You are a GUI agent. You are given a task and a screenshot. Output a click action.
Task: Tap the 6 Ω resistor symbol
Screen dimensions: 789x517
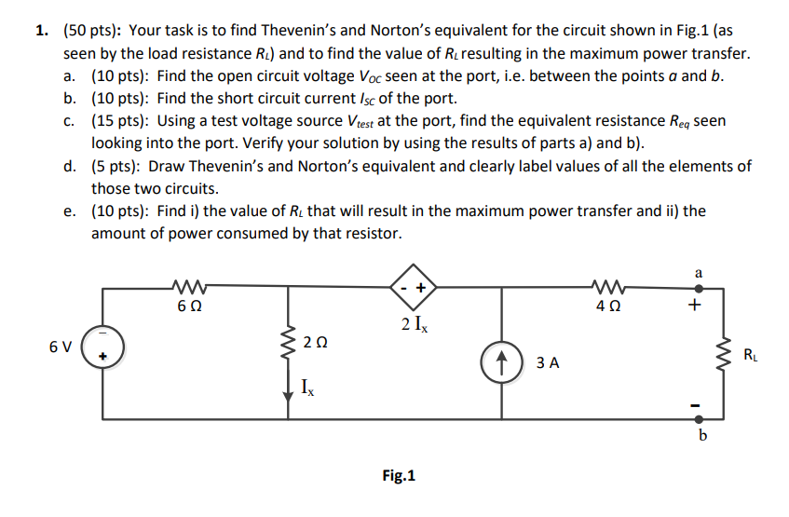pos(190,286)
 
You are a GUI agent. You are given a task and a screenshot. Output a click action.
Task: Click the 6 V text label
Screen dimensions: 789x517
pos(61,347)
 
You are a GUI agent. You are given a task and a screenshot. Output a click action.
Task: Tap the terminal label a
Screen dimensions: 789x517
pos(700,271)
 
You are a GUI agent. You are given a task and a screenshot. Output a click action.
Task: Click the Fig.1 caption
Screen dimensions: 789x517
pos(399,476)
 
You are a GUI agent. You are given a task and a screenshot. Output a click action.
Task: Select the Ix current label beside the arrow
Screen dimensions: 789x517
pos(308,388)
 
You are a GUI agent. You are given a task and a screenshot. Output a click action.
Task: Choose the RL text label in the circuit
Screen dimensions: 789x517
pos(750,354)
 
